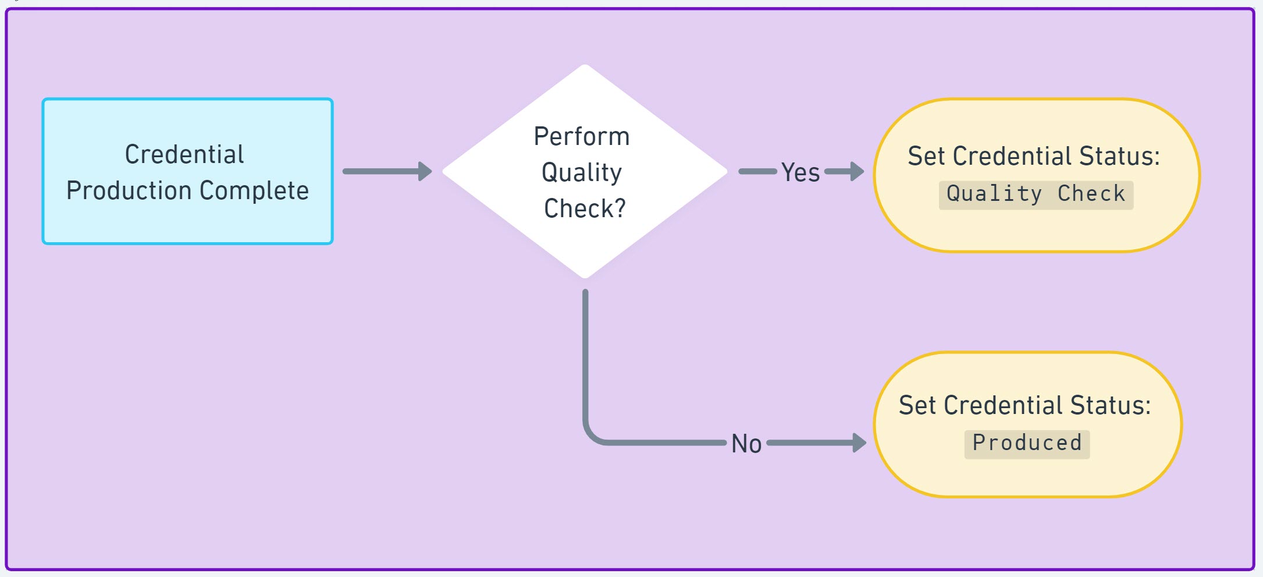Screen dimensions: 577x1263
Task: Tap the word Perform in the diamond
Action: (x=581, y=137)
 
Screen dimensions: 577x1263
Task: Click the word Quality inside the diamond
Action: (x=581, y=172)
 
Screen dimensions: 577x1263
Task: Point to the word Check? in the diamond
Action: (x=584, y=208)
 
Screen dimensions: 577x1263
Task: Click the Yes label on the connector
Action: (x=800, y=172)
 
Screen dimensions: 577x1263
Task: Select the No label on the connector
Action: (x=746, y=444)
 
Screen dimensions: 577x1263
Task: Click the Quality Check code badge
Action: (x=1036, y=194)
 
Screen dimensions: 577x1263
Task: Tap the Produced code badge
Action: (x=1027, y=443)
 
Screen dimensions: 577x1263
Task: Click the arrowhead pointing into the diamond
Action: (x=425, y=171)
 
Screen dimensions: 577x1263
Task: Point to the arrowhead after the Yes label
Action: (x=857, y=171)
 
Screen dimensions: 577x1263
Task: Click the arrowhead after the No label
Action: (x=859, y=443)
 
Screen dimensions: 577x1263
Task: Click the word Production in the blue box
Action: (x=129, y=191)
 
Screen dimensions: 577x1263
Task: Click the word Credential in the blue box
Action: (x=184, y=155)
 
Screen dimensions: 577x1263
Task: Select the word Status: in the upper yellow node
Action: (x=1119, y=156)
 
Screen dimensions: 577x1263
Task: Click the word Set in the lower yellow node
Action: (x=917, y=405)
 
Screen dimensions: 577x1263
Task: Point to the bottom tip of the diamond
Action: (x=585, y=277)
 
